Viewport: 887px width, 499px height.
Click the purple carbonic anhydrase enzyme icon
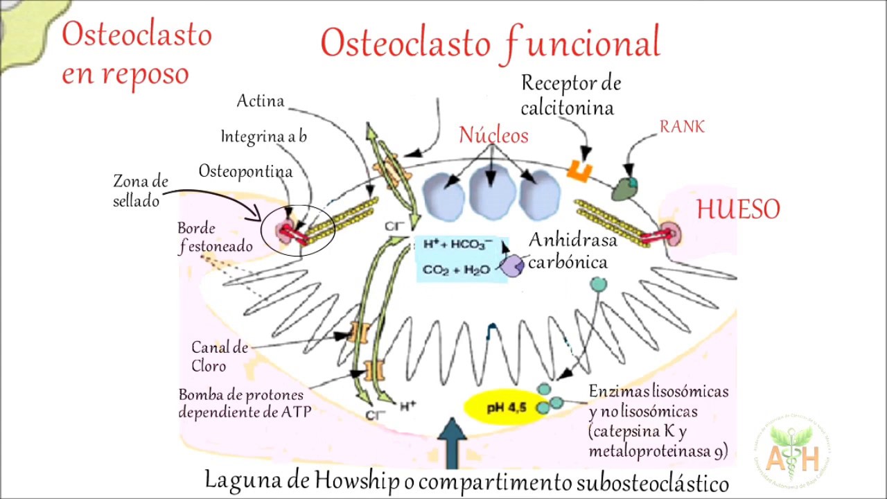tap(513, 266)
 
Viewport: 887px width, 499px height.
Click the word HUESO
tap(738, 209)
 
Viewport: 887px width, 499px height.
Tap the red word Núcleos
tap(493, 135)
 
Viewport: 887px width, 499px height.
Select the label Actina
tap(261, 101)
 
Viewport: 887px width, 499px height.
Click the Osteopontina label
tap(245, 170)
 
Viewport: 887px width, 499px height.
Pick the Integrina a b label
tap(264, 137)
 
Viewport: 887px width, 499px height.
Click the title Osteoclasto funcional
tap(490, 43)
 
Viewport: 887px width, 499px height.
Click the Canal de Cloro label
tap(220, 356)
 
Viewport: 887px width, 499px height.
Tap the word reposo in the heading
tap(146, 73)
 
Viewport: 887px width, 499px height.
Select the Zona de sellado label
tap(140, 191)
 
